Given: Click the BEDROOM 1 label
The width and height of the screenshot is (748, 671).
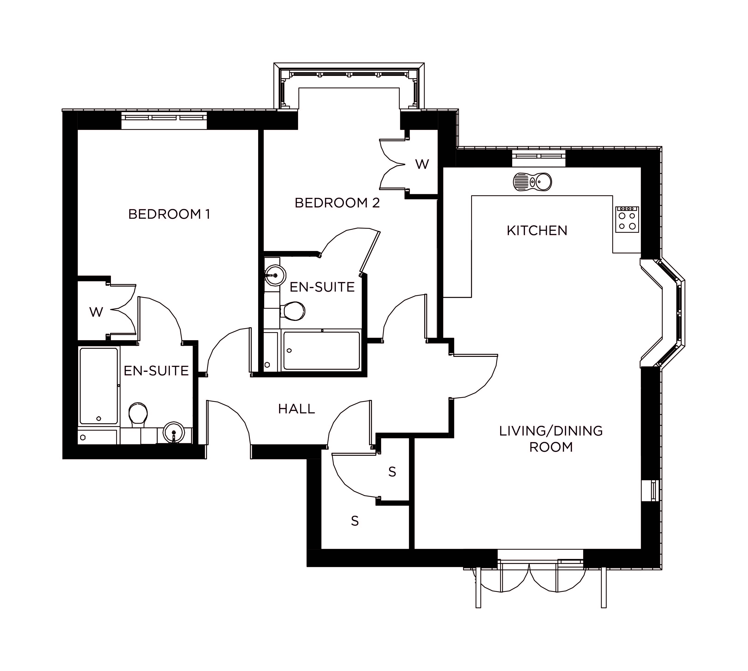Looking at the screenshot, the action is click(169, 214).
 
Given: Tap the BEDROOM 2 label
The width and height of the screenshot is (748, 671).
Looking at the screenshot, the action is click(337, 203).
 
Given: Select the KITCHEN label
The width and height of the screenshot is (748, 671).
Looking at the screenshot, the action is click(537, 231).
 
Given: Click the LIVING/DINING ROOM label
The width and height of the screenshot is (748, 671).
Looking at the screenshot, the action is click(551, 439).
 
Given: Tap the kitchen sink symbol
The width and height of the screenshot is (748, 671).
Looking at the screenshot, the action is click(532, 182).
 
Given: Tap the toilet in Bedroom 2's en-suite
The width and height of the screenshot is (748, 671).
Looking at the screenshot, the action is click(293, 311).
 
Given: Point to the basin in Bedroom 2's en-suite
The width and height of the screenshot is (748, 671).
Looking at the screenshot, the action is click(275, 275).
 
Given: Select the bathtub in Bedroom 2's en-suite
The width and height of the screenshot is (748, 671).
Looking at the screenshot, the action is click(321, 350).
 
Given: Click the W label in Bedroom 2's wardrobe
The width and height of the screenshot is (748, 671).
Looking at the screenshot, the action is click(422, 164).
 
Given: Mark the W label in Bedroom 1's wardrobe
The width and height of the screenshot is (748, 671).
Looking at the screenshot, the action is click(96, 312).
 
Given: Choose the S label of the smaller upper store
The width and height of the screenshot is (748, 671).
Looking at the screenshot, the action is click(392, 472).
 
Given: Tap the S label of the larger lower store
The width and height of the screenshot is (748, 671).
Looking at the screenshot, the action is click(355, 521).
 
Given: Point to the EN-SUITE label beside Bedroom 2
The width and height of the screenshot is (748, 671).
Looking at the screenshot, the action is click(322, 287).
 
